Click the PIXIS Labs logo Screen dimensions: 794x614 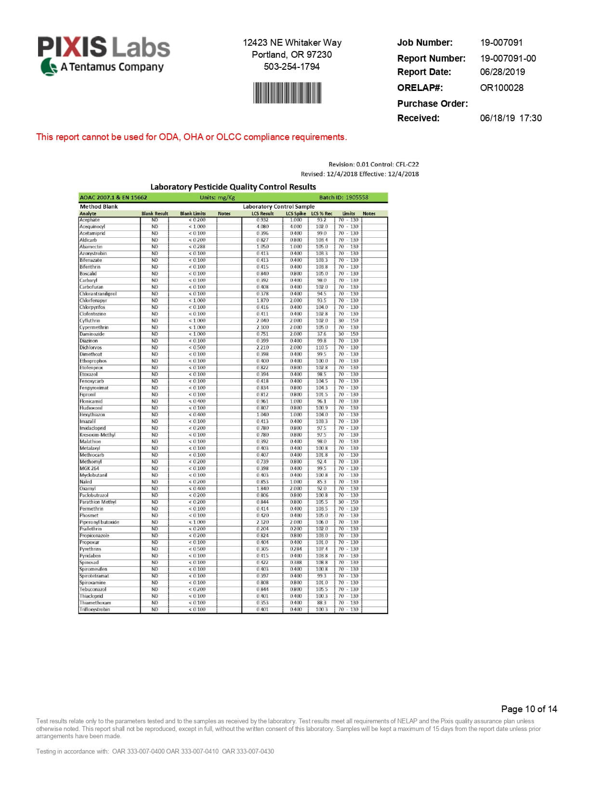104,55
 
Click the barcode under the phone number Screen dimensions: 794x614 287,92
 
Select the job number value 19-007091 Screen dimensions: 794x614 501,42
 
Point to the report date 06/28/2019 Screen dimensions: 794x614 502,72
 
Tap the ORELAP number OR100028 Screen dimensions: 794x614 501,88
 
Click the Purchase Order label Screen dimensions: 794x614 432,103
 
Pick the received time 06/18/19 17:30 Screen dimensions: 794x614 510,118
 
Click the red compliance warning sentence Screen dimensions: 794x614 191,137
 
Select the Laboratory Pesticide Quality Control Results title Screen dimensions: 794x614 233,187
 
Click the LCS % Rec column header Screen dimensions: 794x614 321,213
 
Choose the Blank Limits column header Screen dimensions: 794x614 193,213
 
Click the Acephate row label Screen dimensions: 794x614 90,220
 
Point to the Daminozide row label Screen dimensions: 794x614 91,334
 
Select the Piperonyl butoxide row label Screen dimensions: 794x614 99,522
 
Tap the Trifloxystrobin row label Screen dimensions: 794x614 94,609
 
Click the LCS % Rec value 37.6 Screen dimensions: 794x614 321,334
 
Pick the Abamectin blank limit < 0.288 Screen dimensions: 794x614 197,247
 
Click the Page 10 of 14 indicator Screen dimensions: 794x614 529,709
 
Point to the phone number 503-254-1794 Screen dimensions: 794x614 291,66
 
